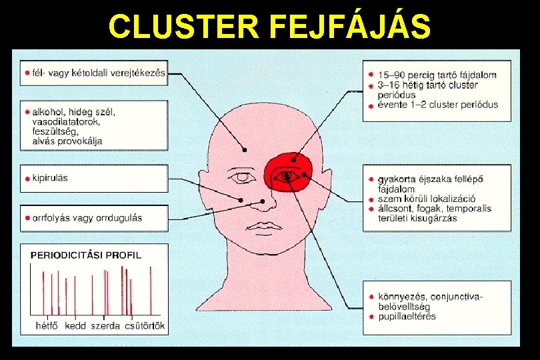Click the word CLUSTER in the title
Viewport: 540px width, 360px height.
[184, 27]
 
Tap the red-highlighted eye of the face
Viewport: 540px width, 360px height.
[289, 176]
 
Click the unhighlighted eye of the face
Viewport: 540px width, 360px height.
[242, 178]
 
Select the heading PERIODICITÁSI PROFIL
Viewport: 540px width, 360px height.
[86, 254]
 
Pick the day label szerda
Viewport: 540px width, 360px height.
[105, 326]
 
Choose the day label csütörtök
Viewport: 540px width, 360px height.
[144, 326]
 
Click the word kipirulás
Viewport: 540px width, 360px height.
[50, 179]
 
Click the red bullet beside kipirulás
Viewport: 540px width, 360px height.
[26, 179]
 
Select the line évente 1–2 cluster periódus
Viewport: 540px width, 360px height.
[437, 105]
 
